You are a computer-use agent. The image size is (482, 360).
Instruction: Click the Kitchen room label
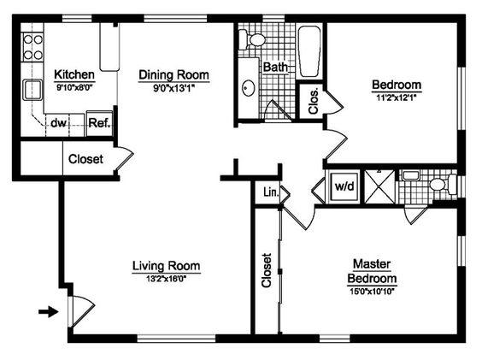click(74, 74)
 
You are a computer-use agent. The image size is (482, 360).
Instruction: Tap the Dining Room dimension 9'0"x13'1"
click(174, 89)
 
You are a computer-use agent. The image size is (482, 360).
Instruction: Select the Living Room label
click(167, 266)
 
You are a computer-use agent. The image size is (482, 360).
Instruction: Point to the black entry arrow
click(48, 312)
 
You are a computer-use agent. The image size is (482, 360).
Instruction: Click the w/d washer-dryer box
click(344, 186)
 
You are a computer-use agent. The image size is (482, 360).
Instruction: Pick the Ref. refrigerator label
click(99, 123)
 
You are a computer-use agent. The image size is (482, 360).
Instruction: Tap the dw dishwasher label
click(58, 123)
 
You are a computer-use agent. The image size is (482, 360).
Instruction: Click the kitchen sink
click(32, 90)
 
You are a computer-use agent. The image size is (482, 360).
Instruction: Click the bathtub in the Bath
click(309, 51)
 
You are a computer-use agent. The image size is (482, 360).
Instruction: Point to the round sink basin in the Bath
click(249, 88)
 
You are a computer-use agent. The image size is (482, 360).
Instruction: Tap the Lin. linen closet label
click(271, 192)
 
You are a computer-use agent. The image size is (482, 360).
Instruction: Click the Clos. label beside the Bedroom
click(314, 102)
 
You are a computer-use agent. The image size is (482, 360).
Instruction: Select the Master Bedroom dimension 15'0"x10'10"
click(372, 291)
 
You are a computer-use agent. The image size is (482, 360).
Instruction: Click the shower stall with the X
click(379, 186)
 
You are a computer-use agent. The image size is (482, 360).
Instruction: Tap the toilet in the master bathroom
click(443, 185)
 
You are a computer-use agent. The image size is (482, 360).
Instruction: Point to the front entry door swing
click(81, 310)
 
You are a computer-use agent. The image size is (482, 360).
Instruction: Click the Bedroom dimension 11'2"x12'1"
click(397, 98)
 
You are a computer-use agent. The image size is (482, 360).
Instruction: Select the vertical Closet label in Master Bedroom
click(267, 270)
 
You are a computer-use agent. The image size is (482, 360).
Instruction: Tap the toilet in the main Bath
click(252, 39)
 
